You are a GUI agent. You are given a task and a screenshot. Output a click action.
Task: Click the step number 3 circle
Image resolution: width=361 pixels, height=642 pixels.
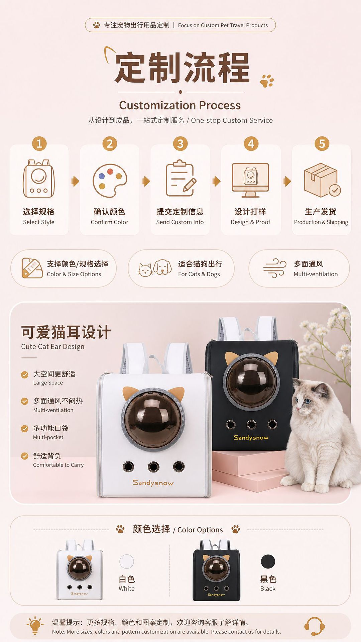[180, 144]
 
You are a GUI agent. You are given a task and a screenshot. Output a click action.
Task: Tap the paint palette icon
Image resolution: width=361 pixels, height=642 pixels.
[110, 181]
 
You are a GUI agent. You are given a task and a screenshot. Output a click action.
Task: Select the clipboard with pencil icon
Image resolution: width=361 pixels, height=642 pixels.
[181, 178]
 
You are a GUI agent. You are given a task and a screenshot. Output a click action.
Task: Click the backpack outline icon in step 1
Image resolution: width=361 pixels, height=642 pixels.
[39, 178]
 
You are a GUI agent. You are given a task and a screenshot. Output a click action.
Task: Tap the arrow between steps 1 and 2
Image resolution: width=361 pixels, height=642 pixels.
[75, 181]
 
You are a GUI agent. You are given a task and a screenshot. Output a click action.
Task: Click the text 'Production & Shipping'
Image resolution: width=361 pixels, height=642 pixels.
[321, 222]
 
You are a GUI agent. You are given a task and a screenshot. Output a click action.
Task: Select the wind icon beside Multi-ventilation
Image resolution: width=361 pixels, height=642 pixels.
[275, 268]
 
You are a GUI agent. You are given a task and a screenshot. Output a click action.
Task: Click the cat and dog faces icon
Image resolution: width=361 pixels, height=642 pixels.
[155, 268]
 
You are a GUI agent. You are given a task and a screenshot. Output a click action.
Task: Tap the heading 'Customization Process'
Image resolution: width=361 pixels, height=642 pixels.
[180, 105]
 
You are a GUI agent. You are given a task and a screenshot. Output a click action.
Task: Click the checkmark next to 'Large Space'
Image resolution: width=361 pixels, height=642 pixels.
[24, 374]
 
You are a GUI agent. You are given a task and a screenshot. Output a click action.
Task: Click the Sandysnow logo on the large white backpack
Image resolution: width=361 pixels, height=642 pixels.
[153, 483]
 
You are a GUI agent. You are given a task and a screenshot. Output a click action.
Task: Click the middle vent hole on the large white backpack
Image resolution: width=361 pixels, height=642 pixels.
[153, 466]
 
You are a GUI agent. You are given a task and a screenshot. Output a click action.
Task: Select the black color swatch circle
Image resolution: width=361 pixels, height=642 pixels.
[268, 561]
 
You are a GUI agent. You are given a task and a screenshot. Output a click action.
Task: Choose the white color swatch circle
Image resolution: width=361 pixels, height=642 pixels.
[127, 561]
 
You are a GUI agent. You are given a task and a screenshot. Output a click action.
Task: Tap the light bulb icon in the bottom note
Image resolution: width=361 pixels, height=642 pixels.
[35, 625]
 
